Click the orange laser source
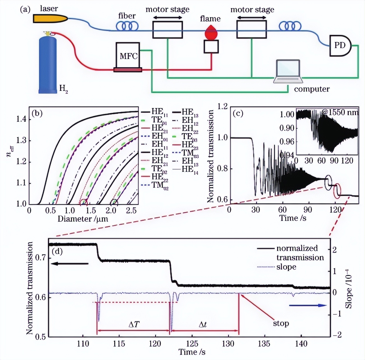(x=50, y=19)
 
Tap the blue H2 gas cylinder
(x=48, y=64)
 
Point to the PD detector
(x=340, y=45)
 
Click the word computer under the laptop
(x=312, y=89)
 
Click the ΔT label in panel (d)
(x=134, y=325)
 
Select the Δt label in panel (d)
(x=203, y=325)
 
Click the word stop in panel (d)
(x=281, y=323)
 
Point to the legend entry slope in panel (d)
(x=286, y=267)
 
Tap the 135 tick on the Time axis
(x=264, y=343)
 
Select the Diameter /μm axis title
(x=83, y=219)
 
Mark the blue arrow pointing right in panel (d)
(x=308, y=306)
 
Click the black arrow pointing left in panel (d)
(x=70, y=264)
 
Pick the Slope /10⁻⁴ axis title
(x=348, y=289)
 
